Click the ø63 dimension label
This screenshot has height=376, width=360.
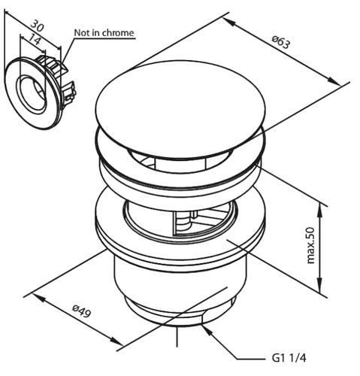pos(281,42)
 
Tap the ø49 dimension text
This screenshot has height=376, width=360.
pos(81,311)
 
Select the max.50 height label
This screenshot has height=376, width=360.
pos(310,245)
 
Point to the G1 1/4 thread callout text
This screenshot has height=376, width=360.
pos(289,358)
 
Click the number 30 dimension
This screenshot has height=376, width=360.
pos(37,26)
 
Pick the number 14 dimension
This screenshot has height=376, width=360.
pos(34,38)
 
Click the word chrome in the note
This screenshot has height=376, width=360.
pos(118,33)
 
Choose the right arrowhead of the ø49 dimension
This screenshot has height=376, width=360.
pos(116,341)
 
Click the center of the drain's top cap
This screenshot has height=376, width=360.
pos(180,110)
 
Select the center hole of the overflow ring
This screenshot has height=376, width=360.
pos(32,94)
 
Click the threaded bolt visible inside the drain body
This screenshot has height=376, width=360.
pos(184,221)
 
